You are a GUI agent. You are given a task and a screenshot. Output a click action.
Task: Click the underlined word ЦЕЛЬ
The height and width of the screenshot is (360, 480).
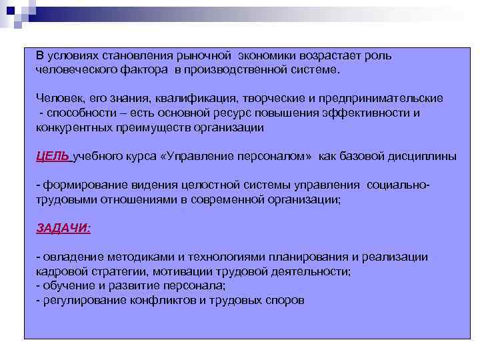[x=52, y=157]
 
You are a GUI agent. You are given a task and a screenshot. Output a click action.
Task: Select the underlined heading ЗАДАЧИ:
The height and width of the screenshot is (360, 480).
[x=63, y=227]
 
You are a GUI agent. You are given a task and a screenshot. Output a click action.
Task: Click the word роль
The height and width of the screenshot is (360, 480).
[x=377, y=56]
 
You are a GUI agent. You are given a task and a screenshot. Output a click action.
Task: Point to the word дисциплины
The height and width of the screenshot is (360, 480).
[x=425, y=157]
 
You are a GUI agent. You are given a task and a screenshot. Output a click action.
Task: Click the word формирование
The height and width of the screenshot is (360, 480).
[x=80, y=185]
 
